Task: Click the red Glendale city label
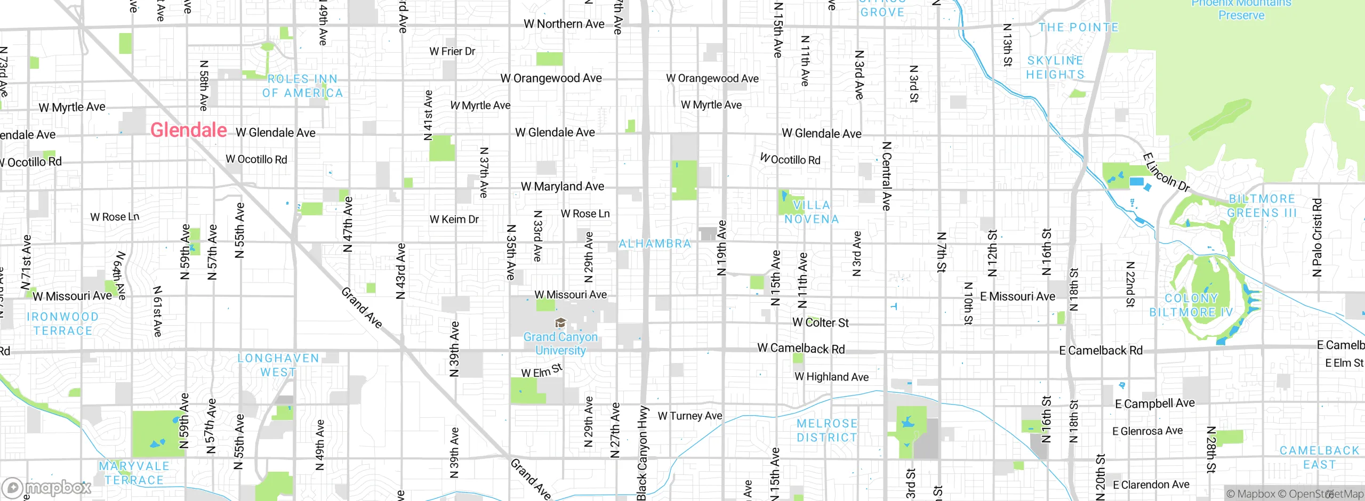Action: [188, 130]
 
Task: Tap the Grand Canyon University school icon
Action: [560, 323]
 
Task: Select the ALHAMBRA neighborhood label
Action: [655, 244]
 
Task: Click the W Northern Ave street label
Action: [564, 24]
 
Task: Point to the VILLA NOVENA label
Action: [811, 212]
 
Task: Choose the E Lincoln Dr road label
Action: [1166, 172]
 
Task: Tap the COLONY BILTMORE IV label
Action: [1191, 305]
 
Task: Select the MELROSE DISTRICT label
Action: [826, 431]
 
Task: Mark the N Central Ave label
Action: [886, 176]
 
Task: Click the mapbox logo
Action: [46, 488]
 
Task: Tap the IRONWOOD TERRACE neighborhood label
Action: [62, 324]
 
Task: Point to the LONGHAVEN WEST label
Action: [278, 365]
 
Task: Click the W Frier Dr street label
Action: [452, 51]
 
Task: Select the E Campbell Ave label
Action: [1154, 403]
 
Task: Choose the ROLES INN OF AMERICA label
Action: [302, 86]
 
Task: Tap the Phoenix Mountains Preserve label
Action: [1241, 9]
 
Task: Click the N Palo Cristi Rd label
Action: [1316, 237]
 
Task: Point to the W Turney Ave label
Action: [689, 416]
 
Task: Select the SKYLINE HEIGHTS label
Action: [1055, 68]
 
